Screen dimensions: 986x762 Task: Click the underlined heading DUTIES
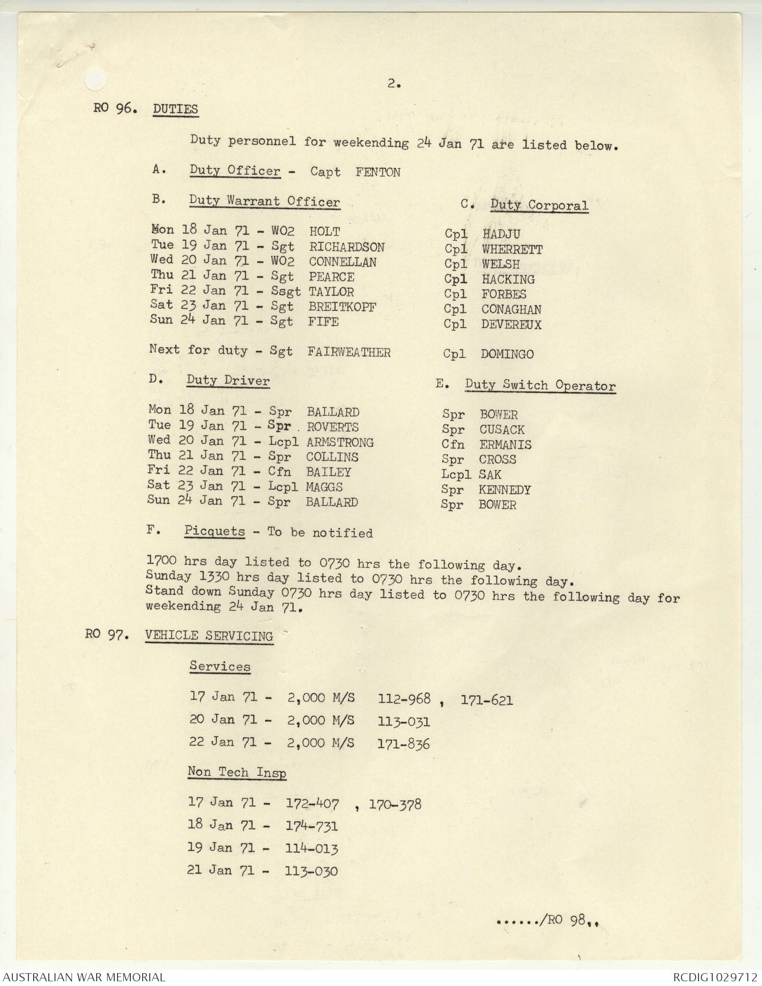[175, 109]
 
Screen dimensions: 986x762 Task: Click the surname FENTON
[378, 172]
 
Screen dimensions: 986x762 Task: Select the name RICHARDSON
[347, 247]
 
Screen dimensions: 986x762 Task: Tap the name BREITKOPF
[342, 307]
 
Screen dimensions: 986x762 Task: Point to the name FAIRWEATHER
[349, 352]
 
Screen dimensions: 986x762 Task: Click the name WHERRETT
[512, 249]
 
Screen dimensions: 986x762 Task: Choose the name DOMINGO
[507, 354]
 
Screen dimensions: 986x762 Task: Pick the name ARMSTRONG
[340, 442]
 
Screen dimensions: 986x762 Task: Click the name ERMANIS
[505, 445]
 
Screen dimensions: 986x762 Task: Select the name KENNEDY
[505, 490]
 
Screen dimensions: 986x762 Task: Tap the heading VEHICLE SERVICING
[209, 636]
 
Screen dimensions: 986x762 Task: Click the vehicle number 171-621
[486, 700]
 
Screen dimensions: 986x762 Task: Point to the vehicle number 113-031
[404, 722]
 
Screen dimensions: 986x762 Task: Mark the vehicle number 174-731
[311, 826]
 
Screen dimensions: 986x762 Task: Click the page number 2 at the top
[393, 84]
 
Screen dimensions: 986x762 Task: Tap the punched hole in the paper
[96, 80]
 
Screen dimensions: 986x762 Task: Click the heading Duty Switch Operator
[540, 385]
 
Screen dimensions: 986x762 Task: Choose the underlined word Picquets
[215, 531]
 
